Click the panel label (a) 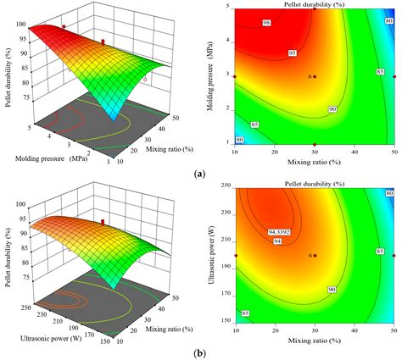tap(200, 173)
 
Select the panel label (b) tap(200, 352)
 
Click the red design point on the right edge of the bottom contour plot tap(393, 255)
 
